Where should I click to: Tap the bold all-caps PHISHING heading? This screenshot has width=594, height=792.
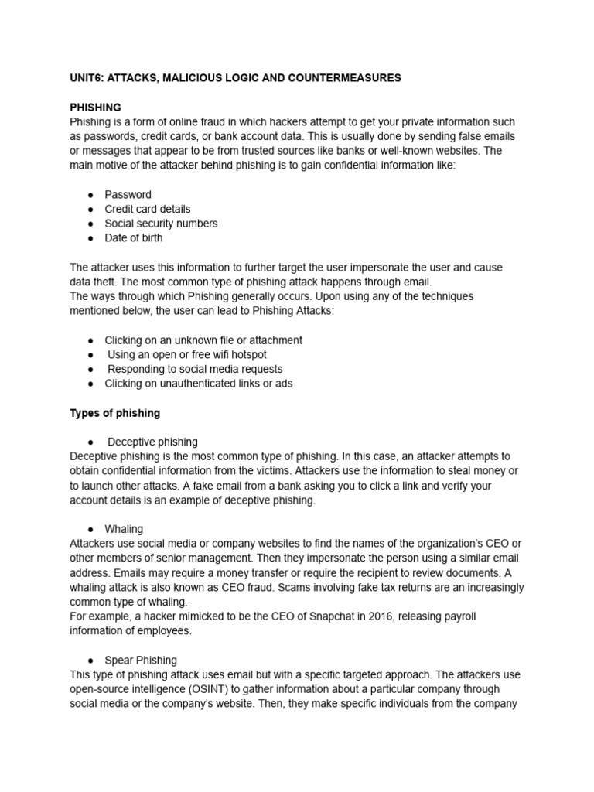click(95, 108)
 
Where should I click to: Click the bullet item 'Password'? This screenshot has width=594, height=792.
click(128, 194)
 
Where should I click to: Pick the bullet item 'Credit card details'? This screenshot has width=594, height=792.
click(147, 209)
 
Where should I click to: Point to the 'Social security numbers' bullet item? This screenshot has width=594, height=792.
click(161, 224)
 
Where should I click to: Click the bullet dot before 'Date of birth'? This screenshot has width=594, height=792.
click(90, 238)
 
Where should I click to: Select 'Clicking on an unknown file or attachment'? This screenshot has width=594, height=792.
click(203, 340)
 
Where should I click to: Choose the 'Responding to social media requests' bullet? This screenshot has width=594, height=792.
click(195, 369)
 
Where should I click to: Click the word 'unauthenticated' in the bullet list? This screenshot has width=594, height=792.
click(199, 384)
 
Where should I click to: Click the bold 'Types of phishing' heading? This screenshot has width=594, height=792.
click(114, 413)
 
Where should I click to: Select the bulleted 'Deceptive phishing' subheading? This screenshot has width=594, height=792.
click(152, 442)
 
